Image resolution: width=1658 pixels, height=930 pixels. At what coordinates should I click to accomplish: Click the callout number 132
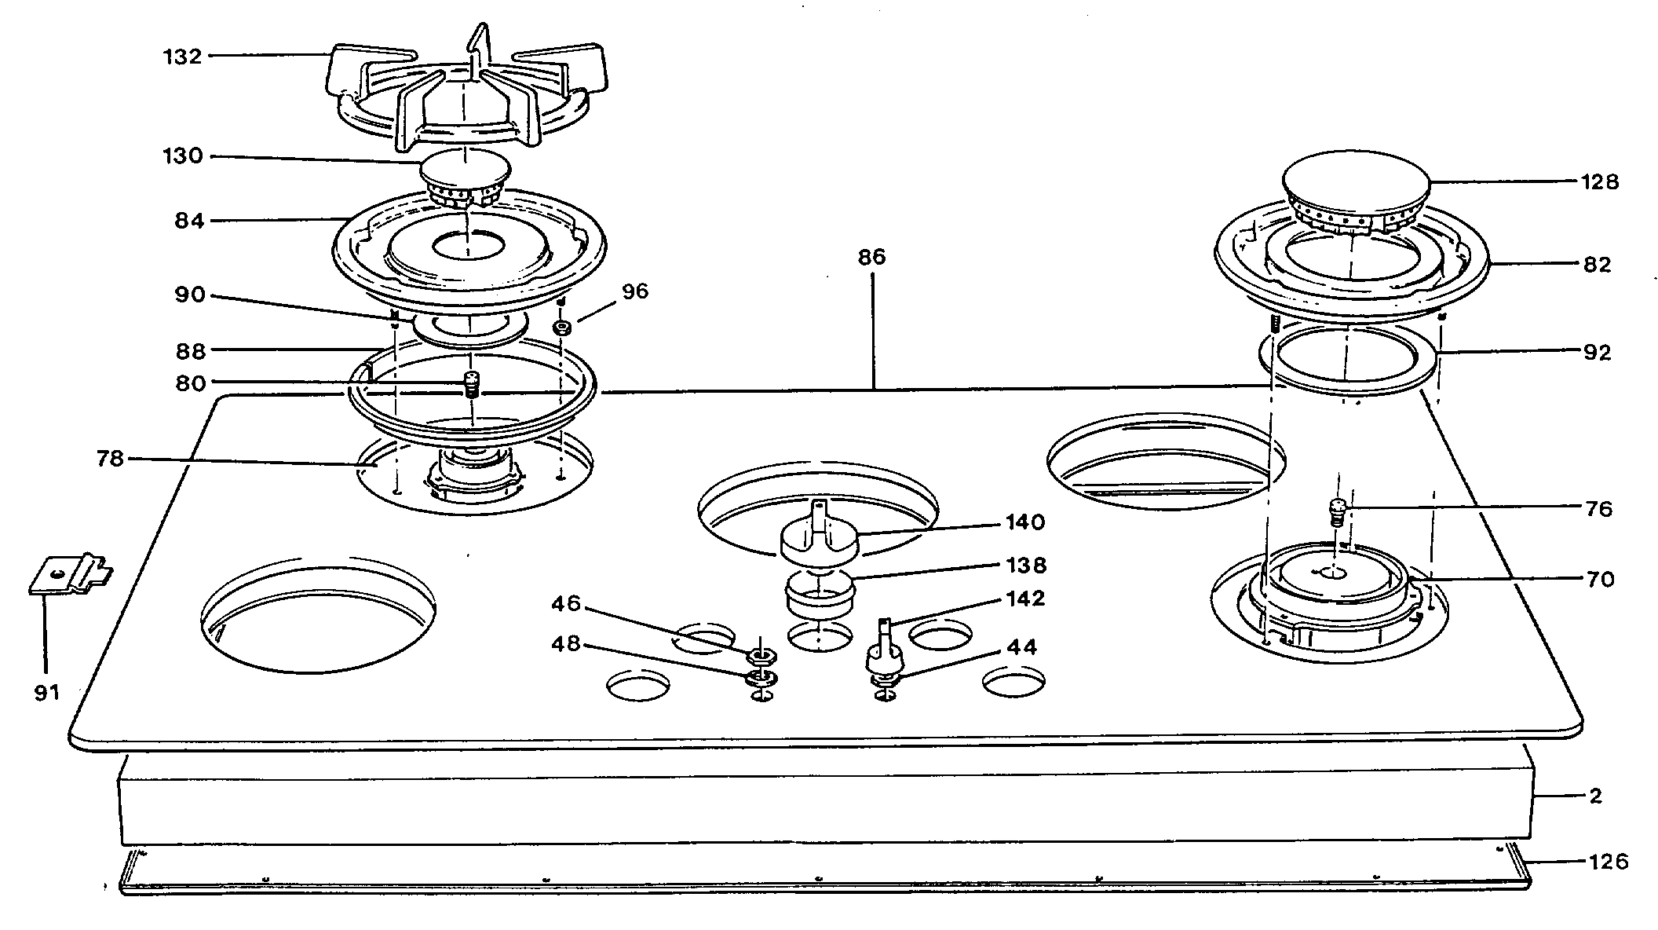pos(182,57)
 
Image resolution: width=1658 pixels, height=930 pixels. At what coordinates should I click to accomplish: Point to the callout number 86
pos(871,258)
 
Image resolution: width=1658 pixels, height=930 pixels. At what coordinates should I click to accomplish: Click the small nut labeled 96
pos(562,326)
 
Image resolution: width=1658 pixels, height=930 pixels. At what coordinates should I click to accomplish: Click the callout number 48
pos(565,644)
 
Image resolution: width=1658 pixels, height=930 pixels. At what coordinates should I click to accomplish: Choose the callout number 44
pos(1021,647)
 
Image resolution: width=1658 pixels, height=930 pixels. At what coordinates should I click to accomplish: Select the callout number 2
pos(1595,796)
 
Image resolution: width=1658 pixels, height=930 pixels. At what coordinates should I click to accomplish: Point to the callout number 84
pos(189,222)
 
